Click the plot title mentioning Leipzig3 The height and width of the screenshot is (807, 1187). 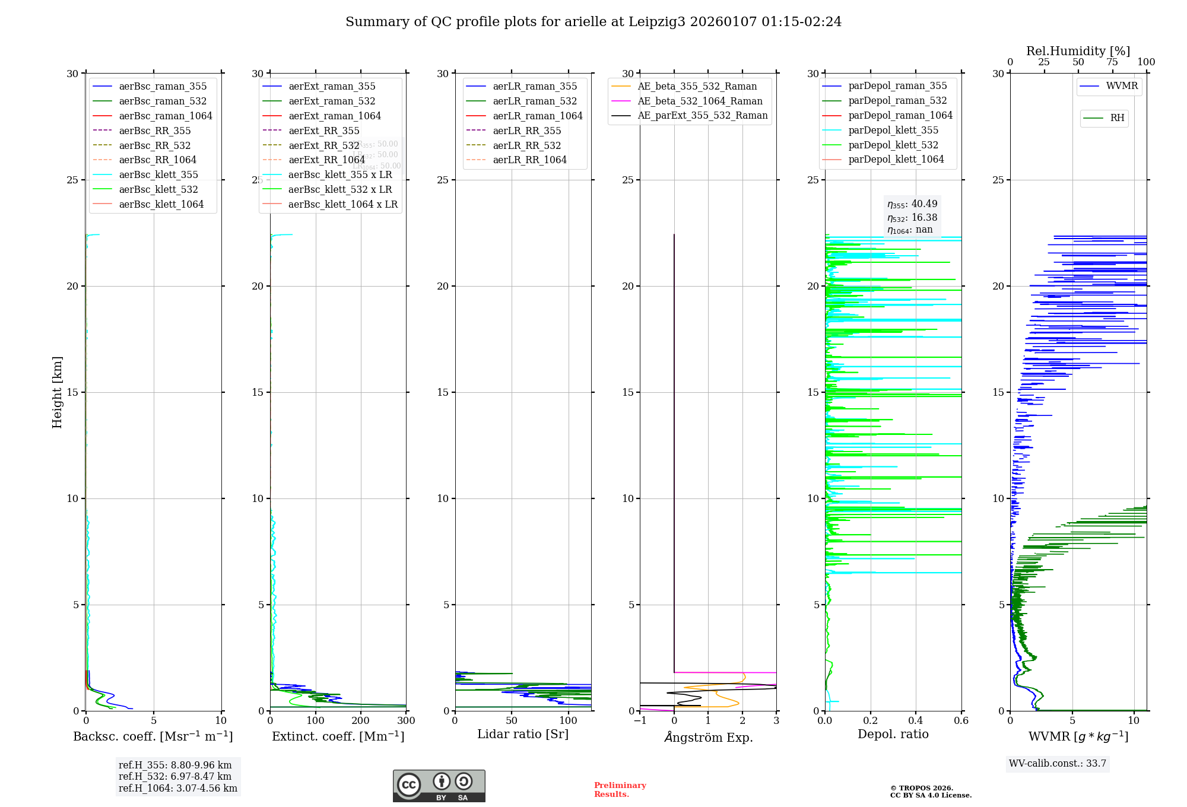(593, 22)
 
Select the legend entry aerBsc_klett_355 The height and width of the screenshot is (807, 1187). (158, 175)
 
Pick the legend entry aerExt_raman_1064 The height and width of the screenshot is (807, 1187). (335, 116)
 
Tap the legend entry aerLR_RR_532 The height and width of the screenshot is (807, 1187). (526, 146)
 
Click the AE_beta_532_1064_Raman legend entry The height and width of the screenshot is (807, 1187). (700, 101)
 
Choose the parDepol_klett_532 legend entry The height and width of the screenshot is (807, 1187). (893, 145)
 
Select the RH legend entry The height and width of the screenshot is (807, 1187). (1117, 118)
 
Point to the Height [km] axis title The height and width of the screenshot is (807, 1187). (57, 392)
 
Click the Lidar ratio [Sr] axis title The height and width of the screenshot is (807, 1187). (523, 735)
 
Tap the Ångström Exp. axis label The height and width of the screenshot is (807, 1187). (708, 738)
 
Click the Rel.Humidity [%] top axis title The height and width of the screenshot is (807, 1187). (1078, 51)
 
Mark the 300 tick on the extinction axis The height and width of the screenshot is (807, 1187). (406, 721)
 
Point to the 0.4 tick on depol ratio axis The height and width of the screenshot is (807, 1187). (916, 721)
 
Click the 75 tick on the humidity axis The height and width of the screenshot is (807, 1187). (1112, 62)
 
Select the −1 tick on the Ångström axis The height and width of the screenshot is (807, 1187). (640, 721)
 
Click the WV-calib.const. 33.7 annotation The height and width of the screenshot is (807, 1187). (1058, 764)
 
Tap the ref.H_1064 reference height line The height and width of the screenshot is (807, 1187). (178, 789)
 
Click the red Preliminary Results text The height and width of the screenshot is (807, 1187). (620, 790)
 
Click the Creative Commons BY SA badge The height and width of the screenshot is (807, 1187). (439, 786)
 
